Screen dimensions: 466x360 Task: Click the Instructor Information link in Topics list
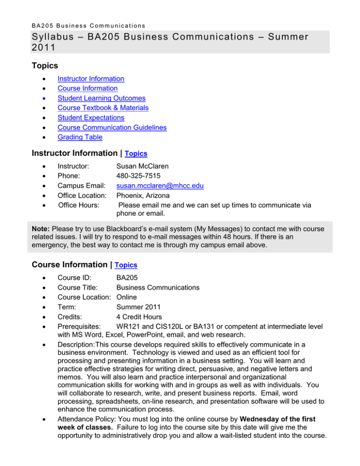(x=90, y=79)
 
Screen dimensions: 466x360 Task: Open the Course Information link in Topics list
(x=87, y=88)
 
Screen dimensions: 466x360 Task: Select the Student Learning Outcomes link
(x=101, y=98)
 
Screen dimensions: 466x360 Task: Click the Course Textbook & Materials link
(x=103, y=108)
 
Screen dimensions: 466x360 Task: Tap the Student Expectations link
(x=90, y=118)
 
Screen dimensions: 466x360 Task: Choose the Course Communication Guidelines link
(x=112, y=128)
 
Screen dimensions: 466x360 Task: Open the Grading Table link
(x=80, y=137)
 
